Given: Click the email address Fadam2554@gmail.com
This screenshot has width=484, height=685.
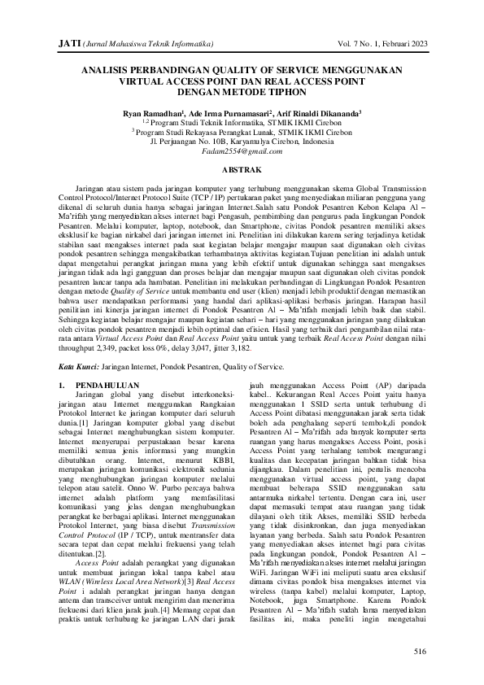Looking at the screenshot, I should (242, 151).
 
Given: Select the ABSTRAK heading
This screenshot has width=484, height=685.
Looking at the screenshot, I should (242, 168).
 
